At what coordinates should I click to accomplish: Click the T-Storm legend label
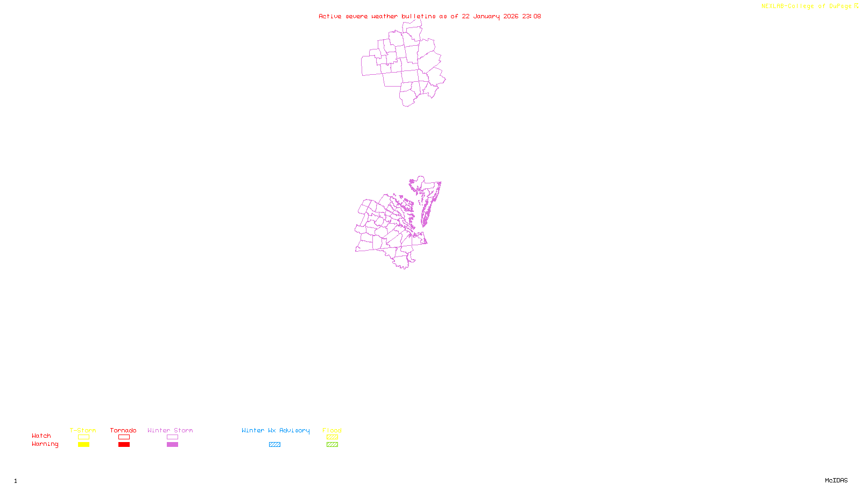tap(83, 430)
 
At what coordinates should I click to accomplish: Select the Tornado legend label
tap(123, 430)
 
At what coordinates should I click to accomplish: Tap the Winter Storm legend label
tap(170, 430)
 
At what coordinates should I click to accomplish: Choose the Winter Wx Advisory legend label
tap(276, 430)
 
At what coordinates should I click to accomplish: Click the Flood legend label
tap(332, 430)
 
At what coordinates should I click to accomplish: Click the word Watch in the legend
tap(41, 436)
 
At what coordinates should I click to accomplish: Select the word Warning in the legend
tap(45, 444)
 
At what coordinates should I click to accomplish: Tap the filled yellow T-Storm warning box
tap(83, 445)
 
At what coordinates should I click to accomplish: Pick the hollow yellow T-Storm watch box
tap(83, 437)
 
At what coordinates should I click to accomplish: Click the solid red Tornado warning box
tap(124, 445)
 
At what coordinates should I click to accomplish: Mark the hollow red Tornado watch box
tap(124, 437)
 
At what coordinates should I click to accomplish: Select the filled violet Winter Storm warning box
tap(172, 445)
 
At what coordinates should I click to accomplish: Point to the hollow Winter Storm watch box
tap(172, 437)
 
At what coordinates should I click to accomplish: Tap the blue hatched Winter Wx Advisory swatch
tap(274, 445)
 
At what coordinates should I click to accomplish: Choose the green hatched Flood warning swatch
tap(332, 445)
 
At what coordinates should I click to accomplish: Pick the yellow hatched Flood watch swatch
tap(332, 437)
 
